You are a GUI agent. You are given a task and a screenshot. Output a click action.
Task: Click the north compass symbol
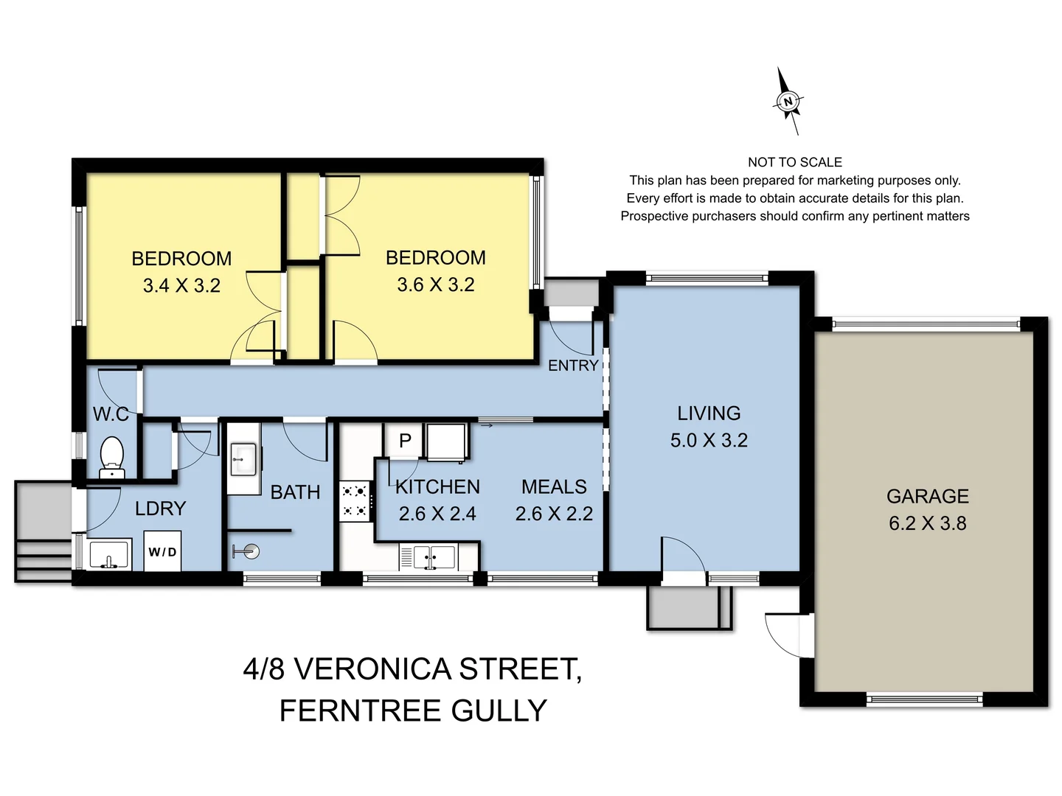point(788,102)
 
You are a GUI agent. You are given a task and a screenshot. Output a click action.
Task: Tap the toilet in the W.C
point(111,457)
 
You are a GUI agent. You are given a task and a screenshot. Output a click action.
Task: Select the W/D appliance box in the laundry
point(162,552)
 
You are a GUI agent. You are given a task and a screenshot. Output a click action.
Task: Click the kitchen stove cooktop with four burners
point(354,500)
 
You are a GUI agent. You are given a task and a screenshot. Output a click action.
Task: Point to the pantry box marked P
point(404,441)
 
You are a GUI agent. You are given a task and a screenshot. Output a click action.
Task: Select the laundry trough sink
point(109,554)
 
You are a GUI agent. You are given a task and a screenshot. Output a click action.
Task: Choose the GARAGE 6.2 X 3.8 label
point(927,509)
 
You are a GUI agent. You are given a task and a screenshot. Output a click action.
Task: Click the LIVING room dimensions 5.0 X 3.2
point(709,440)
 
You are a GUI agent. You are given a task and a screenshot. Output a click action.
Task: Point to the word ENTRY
point(572,366)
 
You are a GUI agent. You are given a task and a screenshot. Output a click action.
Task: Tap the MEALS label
point(554,486)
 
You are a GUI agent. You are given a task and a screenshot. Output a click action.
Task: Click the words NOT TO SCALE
point(794,162)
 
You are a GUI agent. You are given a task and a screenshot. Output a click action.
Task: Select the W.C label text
point(111,414)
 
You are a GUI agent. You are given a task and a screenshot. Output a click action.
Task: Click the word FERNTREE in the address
point(359,711)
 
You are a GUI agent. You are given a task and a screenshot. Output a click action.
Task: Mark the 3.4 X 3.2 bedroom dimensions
point(181,285)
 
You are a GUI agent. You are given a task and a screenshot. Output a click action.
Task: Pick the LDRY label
point(160,509)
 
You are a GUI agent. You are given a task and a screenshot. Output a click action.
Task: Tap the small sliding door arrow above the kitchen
point(486,425)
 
